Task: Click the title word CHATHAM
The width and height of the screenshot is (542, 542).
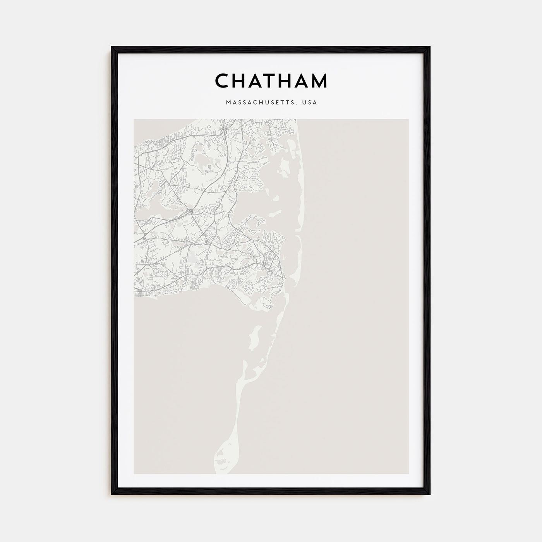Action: pyautogui.click(x=271, y=81)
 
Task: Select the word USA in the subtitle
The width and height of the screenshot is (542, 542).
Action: pyautogui.click(x=310, y=103)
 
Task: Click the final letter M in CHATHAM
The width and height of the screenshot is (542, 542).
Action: pyautogui.click(x=319, y=81)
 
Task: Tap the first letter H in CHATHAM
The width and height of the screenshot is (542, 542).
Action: pyautogui.click(x=238, y=81)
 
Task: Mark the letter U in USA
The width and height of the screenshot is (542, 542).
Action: pyautogui.click(x=306, y=103)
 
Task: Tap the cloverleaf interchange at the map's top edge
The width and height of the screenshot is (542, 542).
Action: pyautogui.click(x=225, y=131)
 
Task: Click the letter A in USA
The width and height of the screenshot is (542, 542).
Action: pyautogui.click(x=316, y=103)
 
